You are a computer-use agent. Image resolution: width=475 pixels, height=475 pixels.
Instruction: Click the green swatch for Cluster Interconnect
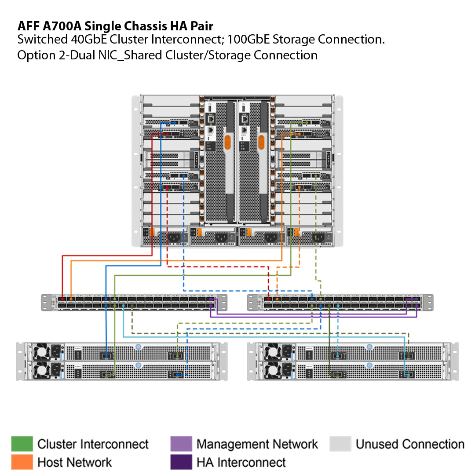[x=22, y=444]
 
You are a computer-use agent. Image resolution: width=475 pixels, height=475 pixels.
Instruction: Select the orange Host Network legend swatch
[x=22, y=462]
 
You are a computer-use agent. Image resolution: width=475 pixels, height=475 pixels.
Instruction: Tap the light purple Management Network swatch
[x=181, y=444]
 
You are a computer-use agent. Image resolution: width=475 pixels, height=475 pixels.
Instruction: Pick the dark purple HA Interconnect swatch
[x=181, y=462]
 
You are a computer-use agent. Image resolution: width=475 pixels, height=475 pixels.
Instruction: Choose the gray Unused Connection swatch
[x=340, y=444]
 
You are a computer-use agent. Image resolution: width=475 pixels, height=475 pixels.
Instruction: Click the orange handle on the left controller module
[x=227, y=142]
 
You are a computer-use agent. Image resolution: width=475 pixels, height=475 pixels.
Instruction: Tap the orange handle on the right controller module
[x=261, y=142]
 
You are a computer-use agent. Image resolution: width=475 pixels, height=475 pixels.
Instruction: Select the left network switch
[x=134, y=302]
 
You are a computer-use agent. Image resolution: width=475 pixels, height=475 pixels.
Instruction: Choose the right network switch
[x=340, y=302]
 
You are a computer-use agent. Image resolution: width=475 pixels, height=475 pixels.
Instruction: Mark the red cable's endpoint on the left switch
[x=62, y=299]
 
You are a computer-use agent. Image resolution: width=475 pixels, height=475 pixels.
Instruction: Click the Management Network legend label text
[x=257, y=444]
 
